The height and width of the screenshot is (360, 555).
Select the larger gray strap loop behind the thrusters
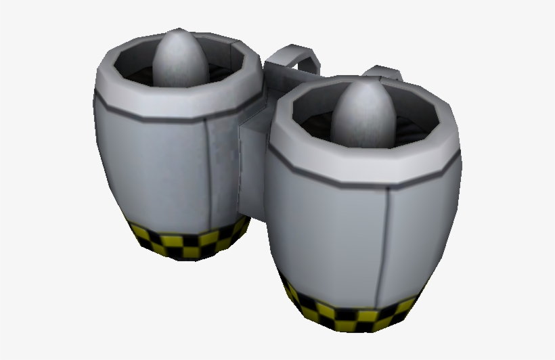click(x=292, y=58)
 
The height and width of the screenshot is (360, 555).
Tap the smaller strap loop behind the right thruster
click(x=383, y=73)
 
